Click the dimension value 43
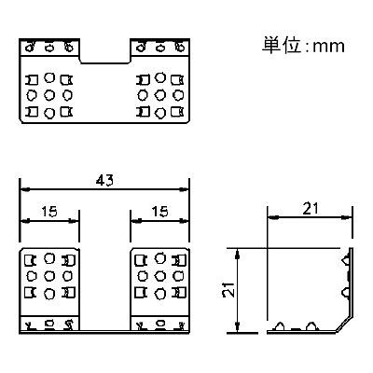[x=104, y=181]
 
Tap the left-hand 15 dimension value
[x=49, y=212]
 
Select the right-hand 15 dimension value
[x=159, y=212]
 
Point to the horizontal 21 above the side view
[x=311, y=209]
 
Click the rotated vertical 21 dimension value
[x=228, y=290]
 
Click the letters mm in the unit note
[x=328, y=47]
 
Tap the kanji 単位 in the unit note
[x=282, y=46]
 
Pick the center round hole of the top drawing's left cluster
[x=49, y=94]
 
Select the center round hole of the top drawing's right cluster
[x=160, y=94]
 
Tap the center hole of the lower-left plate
[x=49, y=276]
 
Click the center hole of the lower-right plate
[x=160, y=276]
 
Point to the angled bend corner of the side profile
[x=345, y=325]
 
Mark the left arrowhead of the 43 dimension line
[x=25, y=189]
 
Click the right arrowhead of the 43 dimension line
[x=185, y=189]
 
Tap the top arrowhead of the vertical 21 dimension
[x=237, y=254]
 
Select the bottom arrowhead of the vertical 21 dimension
[x=237, y=327]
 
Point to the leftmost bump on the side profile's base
[x=280, y=326]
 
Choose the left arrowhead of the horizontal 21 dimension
[x=273, y=217]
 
